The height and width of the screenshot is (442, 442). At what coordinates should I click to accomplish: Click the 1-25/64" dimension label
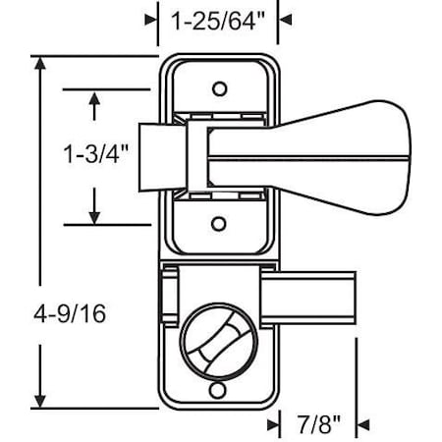(217, 18)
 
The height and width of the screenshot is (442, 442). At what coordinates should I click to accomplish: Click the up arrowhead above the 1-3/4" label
(94, 98)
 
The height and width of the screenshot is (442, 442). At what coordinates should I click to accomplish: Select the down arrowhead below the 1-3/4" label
(94, 215)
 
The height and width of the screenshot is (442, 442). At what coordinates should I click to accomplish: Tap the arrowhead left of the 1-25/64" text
(151, 19)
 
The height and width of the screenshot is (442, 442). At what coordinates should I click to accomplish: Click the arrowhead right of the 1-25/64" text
(285, 19)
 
